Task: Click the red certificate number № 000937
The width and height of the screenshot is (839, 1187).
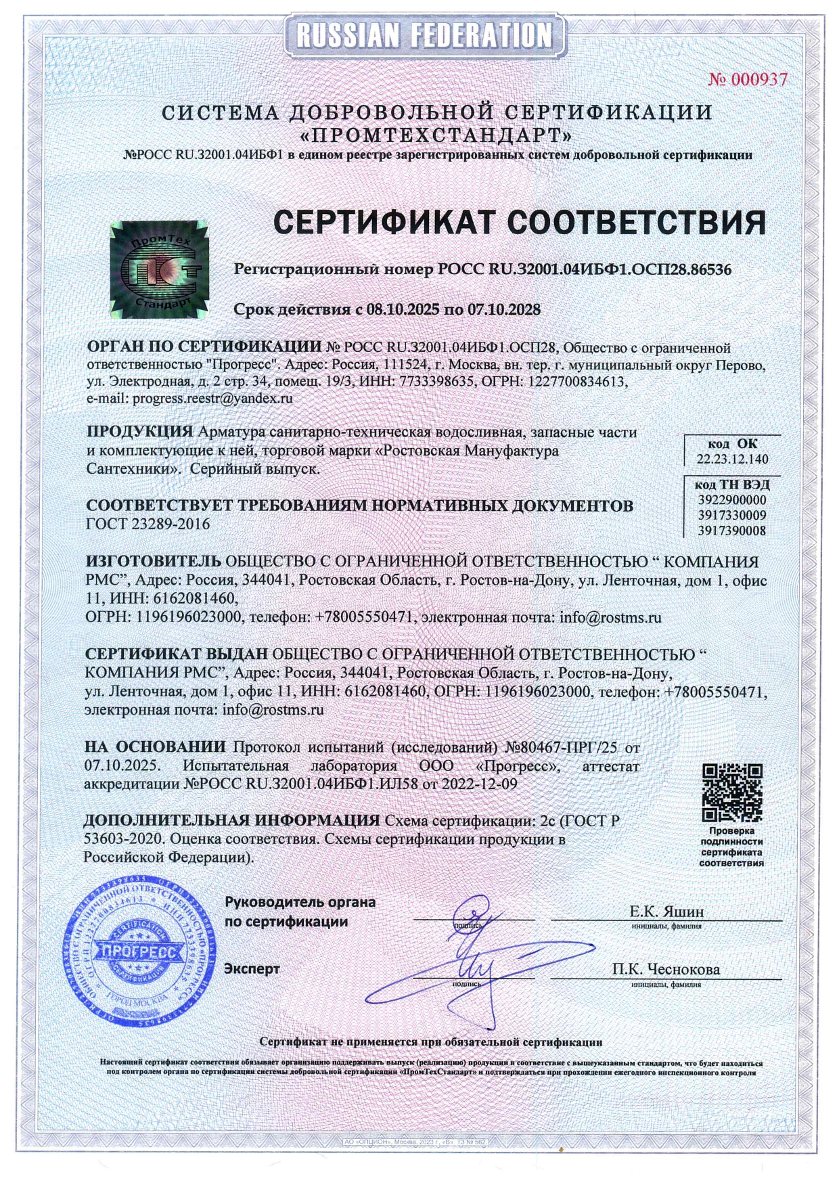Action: click(748, 80)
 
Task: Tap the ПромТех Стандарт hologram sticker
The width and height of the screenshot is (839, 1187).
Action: click(160, 270)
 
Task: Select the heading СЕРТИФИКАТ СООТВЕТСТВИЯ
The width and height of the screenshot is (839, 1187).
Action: click(519, 223)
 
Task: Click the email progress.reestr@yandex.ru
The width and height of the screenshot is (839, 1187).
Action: click(212, 399)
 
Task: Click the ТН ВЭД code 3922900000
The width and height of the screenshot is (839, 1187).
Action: click(732, 500)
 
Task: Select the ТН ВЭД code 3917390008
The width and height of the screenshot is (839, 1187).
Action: click(732, 531)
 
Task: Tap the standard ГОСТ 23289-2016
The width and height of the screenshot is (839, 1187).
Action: click(148, 524)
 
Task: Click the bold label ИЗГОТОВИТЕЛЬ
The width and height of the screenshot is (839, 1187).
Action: click(153, 562)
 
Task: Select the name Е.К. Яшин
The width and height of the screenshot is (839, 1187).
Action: click(666, 912)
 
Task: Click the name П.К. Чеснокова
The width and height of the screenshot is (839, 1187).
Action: click(666, 969)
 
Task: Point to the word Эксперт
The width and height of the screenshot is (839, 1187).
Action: click(252, 969)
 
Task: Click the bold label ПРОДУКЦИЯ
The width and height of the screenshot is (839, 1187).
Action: click(140, 432)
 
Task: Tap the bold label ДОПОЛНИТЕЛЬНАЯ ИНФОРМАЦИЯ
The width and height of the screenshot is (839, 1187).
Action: click(231, 821)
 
